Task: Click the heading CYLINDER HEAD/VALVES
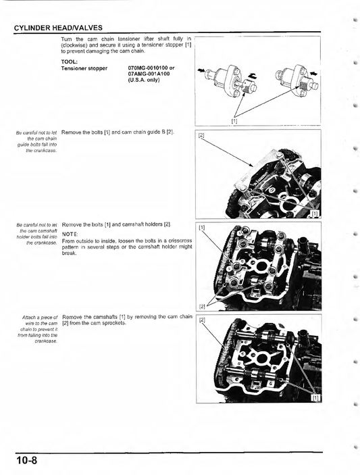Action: click(58, 28)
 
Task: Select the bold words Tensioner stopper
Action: click(84, 68)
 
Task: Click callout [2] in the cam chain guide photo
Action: click(202, 136)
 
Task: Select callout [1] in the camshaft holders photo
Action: click(202, 228)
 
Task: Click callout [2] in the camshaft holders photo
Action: click(202, 305)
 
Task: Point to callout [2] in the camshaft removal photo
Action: click(202, 320)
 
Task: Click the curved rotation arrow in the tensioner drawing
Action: click(253, 76)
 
